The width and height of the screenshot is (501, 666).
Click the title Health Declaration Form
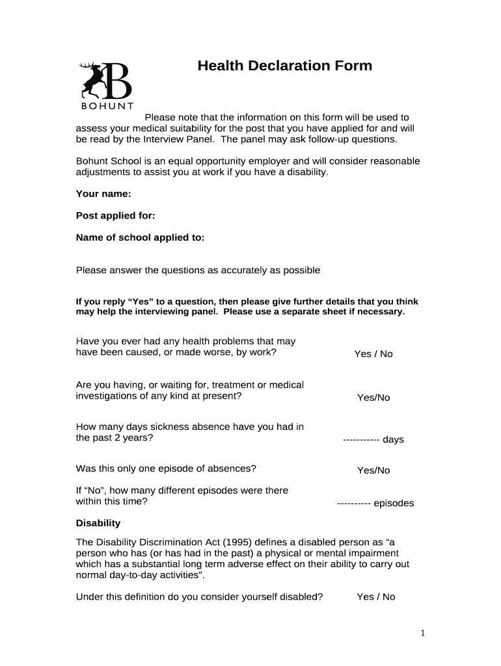pos(285,66)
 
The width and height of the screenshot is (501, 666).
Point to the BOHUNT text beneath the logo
pos(107,107)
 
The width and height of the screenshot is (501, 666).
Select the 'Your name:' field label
pos(103,194)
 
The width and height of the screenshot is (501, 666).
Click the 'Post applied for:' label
pos(115,215)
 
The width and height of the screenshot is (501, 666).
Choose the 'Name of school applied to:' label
pos(140,237)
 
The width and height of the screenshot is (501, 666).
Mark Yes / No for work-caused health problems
pos(373,354)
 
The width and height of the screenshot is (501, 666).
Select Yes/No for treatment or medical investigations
pos(373,397)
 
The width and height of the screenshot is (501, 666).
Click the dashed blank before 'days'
pos(361,440)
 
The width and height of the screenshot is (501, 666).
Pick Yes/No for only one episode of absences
pos(373,470)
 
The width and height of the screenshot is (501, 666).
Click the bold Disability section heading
pos(98,523)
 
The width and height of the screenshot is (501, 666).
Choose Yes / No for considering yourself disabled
pos(375,596)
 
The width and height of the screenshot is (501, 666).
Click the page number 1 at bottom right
pos(422,633)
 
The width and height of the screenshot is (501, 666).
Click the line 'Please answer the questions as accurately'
pos(198,270)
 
